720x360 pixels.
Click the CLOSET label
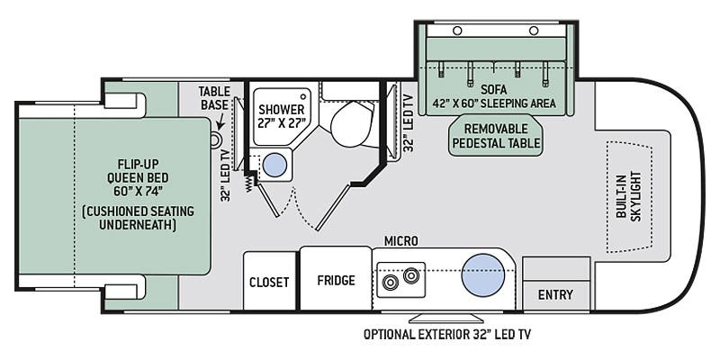(x=270, y=282)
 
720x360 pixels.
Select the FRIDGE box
(x=335, y=280)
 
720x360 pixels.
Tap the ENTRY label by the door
(x=555, y=295)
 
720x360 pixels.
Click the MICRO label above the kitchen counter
(x=401, y=240)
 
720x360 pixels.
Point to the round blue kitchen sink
(x=481, y=274)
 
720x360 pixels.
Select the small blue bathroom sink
(x=275, y=165)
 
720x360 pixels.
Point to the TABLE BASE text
(x=216, y=96)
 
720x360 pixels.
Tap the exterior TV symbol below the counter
(x=446, y=318)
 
